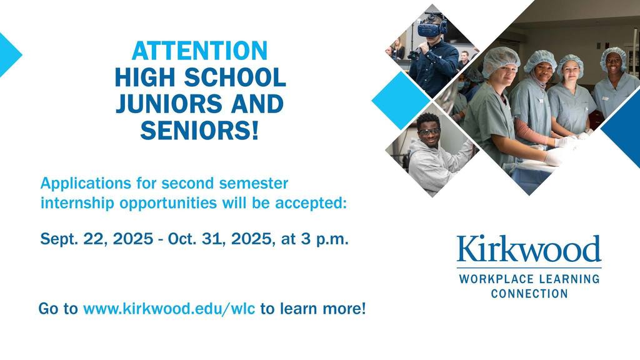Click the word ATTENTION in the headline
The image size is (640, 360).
(199, 51)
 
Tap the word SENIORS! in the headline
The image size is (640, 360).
(199, 130)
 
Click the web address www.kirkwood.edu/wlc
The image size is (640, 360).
(169, 309)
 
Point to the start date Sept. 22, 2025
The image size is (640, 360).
(97, 239)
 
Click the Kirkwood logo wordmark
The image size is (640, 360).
(529, 249)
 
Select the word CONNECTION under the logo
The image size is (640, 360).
(529, 294)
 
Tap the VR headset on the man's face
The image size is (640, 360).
(432, 27)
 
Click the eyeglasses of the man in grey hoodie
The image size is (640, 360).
(429, 131)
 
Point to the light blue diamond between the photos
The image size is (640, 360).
(401, 101)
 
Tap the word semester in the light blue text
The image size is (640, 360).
(254, 183)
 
